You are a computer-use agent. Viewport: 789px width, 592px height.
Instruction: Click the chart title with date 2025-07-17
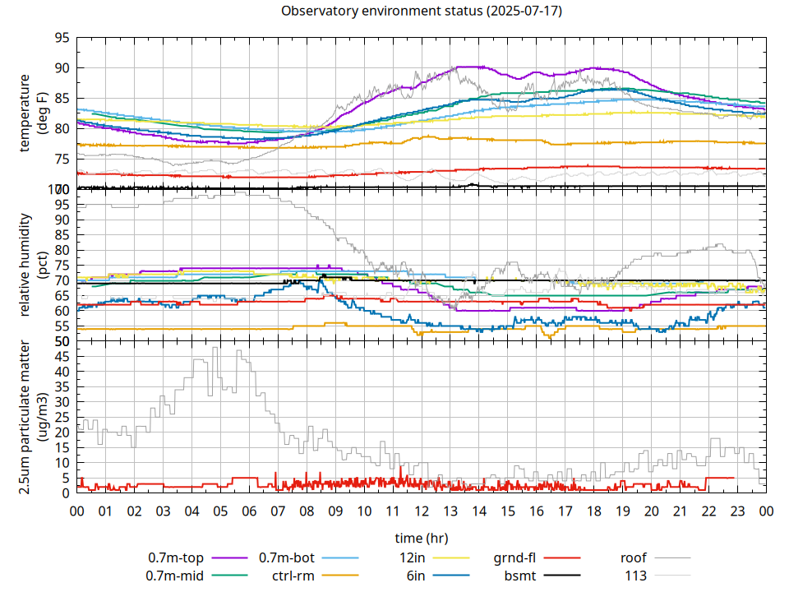(422, 12)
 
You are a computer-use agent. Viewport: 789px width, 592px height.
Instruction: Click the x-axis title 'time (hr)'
(422, 538)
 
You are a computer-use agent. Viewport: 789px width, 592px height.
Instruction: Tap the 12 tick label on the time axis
(422, 511)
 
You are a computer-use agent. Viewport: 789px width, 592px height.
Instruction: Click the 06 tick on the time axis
(249, 511)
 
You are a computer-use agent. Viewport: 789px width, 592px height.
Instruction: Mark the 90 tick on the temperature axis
(62, 68)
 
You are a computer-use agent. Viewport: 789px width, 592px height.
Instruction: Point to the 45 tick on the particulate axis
(62, 356)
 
